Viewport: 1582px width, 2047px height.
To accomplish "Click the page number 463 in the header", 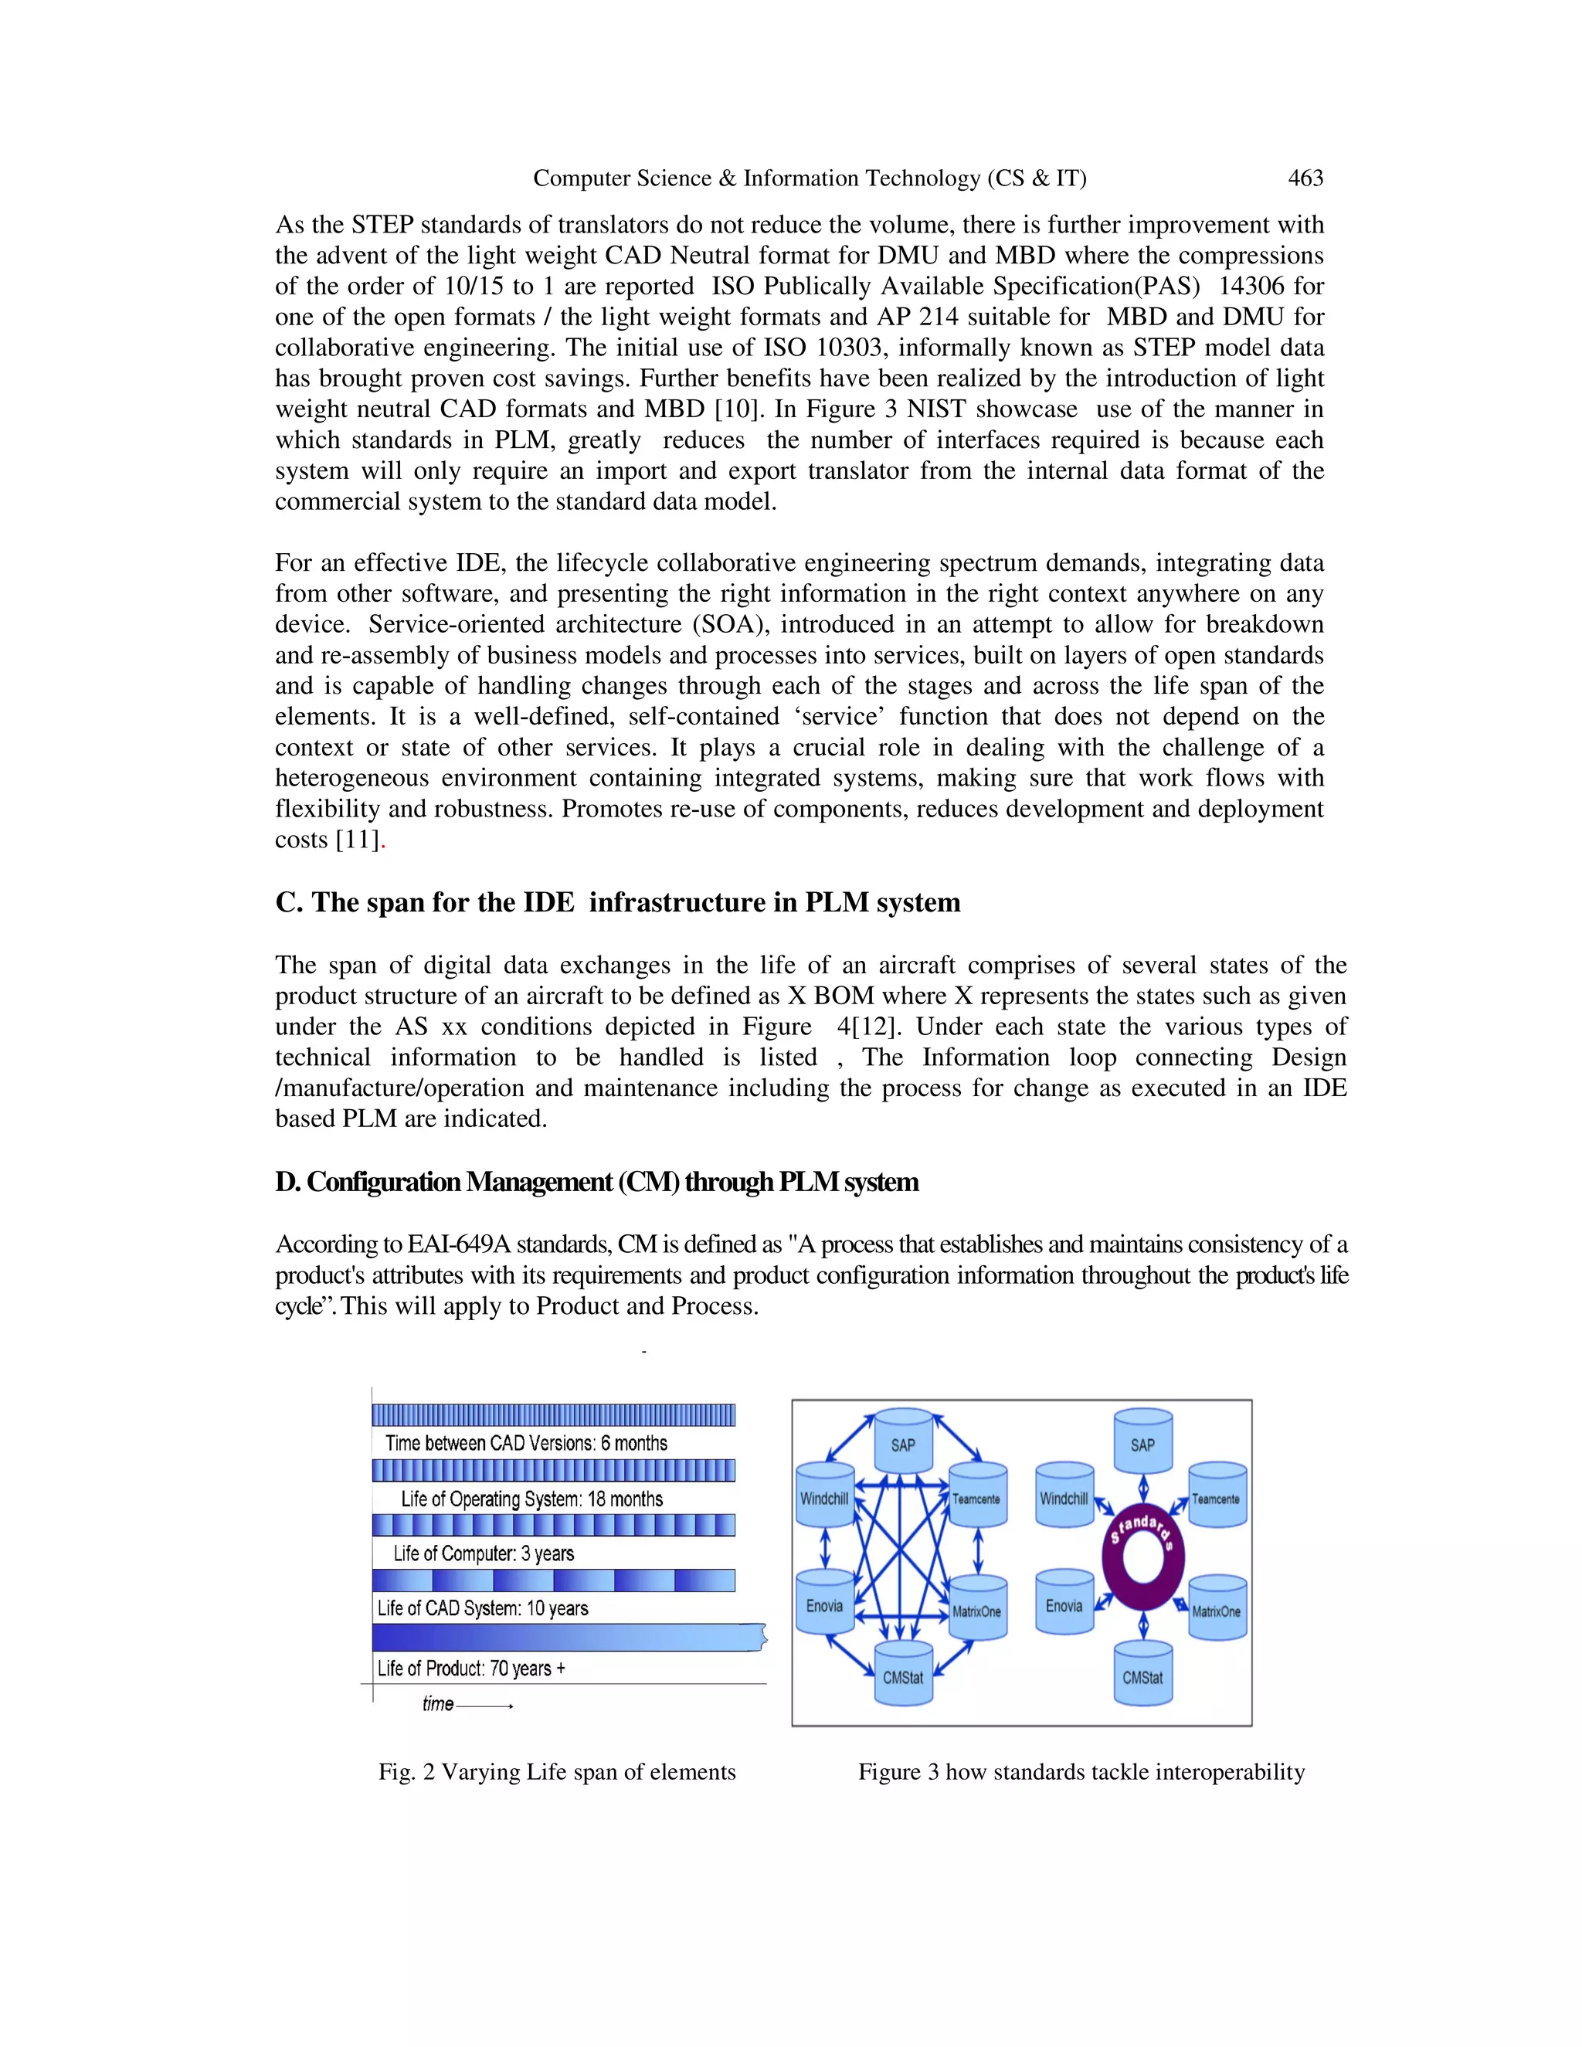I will click(x=1305, y=178).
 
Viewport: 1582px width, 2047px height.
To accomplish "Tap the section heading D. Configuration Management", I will click(x=596, y=1182).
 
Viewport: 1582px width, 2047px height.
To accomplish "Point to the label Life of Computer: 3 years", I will click(x=483, y=1553).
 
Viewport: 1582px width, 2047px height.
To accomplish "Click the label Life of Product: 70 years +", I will click(x=470, y=1668).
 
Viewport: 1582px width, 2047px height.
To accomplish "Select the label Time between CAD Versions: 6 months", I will click(x=526, y=1444).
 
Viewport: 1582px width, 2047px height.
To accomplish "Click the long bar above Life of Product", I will click(x=567, y=1638).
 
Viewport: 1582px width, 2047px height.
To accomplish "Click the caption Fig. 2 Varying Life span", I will click(x=557, y=1772).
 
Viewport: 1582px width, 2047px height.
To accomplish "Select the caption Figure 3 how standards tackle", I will click(x=1081, y=1772).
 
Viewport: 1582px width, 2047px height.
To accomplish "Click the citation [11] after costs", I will click(x=357, y=840).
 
